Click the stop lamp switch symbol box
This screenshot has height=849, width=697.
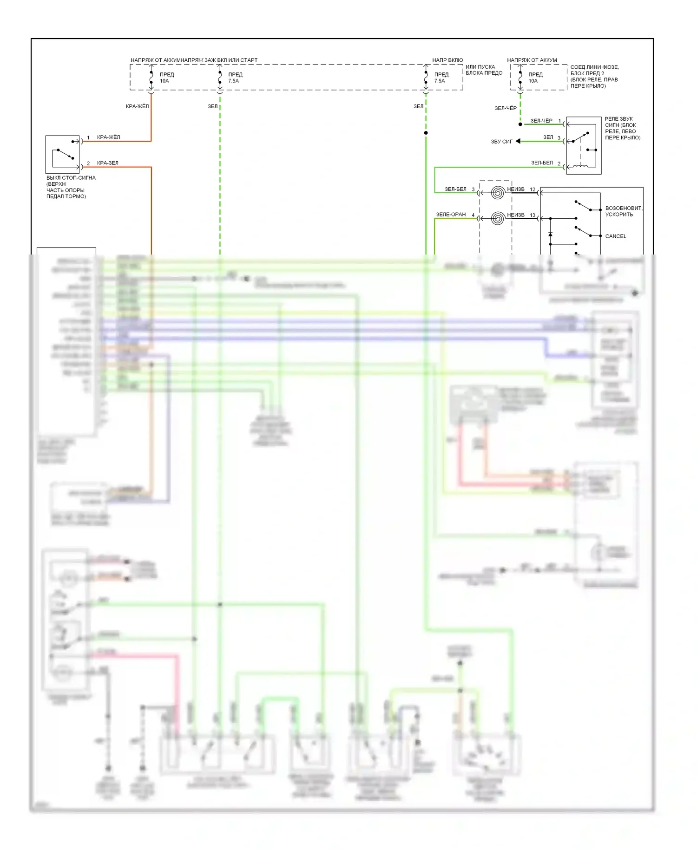click(62, 154)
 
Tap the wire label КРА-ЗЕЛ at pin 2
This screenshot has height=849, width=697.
click(107, 163)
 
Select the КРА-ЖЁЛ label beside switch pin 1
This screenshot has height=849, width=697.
click(108, 137)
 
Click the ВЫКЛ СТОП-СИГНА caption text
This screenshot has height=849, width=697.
click(71, 178)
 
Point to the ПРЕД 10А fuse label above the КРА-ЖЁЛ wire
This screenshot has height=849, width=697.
click(166, 78)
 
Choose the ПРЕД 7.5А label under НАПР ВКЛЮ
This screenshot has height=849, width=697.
click(441, 78)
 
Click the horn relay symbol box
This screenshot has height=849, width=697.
click(584, 145)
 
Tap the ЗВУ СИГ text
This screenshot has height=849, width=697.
click(501, 142)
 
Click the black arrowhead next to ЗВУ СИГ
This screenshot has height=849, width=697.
click(518, 141)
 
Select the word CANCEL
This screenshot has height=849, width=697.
click(615, 236)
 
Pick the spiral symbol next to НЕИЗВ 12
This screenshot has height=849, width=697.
click(497, 192)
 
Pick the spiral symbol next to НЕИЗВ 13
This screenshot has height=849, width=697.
click(497, 218)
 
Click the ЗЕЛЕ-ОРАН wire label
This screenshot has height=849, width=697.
click(450, 215)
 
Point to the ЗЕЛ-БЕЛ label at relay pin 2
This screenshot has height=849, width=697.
click(542, 163)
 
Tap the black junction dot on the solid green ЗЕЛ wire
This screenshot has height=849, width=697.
click(426, 133)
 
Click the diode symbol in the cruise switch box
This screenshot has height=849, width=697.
click(550, 235)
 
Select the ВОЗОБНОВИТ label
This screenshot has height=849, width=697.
click(623, 208)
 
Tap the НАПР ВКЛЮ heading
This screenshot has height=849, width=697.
click(447, 60)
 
